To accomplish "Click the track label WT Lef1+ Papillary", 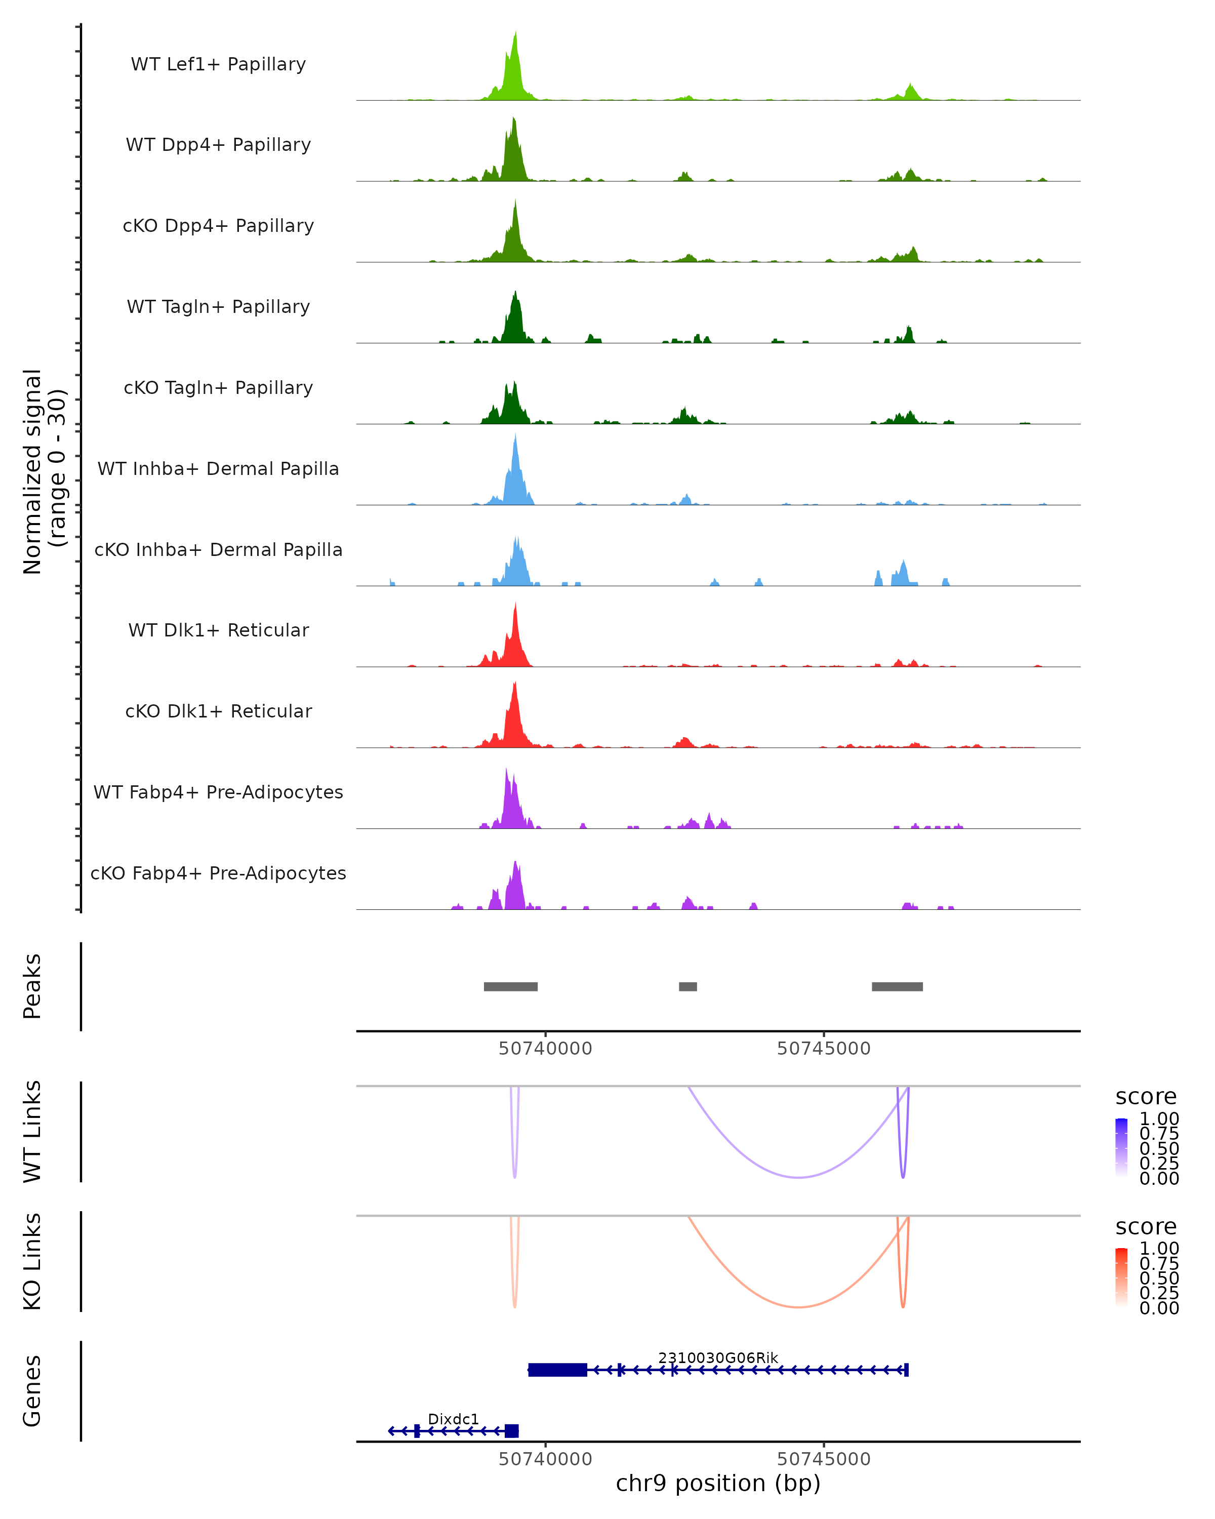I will coord(218,64).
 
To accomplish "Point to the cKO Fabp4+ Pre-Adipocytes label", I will coord(218,873).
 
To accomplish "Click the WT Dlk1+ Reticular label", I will coord(218,630).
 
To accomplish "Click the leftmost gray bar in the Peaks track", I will coord(511,986).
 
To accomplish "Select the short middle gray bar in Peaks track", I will coord(687,986).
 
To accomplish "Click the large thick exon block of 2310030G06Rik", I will coord(557,1370).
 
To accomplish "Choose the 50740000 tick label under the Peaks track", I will coord(545,1049).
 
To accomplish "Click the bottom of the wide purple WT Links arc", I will coord(798,1177).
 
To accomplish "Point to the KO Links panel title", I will coord(32,1261).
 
